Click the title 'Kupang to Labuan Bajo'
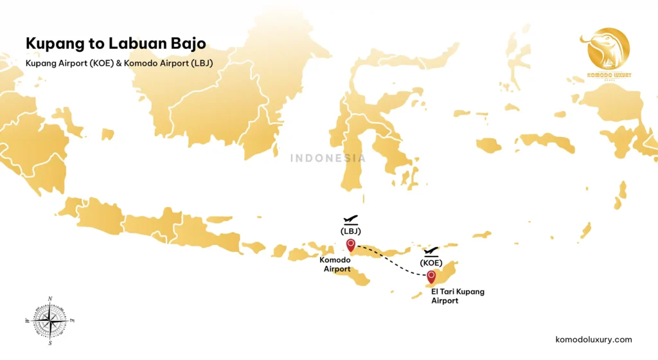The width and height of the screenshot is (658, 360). tap(116, 43)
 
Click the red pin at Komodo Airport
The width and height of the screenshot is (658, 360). tap(351, 244)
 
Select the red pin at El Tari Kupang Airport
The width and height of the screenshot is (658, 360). tap(431, 276)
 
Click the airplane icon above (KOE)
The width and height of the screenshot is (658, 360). tap(431, 251)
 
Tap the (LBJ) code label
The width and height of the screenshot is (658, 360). tap(351, 231)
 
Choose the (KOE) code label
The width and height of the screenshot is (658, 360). tap(431, 262)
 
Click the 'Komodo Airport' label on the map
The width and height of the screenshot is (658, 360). tap(334, 264)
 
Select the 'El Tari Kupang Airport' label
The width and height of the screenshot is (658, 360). tap(458, 296)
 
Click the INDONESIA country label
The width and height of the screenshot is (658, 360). tap(328, 158)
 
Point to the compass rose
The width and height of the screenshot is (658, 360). tap(50, 320)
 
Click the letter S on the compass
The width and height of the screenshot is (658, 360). tap(50, 343)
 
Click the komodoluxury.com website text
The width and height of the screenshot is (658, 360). tap(593, 339)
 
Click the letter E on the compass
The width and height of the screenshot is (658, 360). tap(73, 320)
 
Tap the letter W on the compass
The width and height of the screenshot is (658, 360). tap(27, 320)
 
